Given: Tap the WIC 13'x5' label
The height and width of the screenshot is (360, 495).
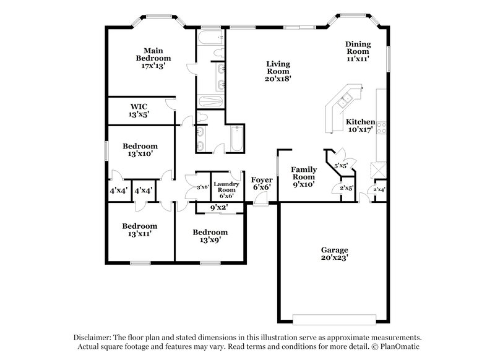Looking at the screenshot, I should pyautogui.click(x=139, y=110).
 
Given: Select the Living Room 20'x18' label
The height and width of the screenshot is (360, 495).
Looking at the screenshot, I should pyautogui.click(x=278, y=71).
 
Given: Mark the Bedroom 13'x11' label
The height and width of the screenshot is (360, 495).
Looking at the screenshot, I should pyautogui.click(x=139, y=230).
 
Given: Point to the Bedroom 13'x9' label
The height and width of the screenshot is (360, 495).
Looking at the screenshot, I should pyautogui.click(x=210, y=236).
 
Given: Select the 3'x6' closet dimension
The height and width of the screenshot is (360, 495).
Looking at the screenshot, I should pyautogui.click(x=202, y=187).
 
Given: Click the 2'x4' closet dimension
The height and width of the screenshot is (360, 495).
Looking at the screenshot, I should pyautogui.click(x=377, y=189).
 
